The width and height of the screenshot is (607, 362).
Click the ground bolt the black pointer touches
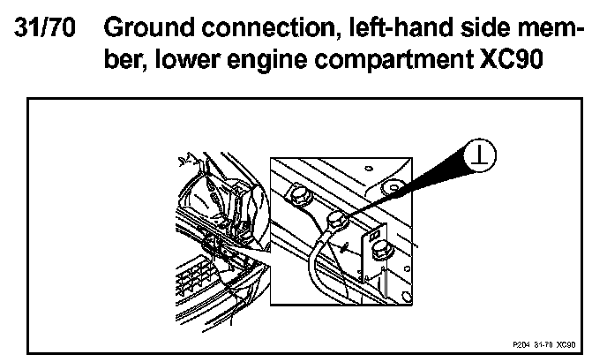337,219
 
